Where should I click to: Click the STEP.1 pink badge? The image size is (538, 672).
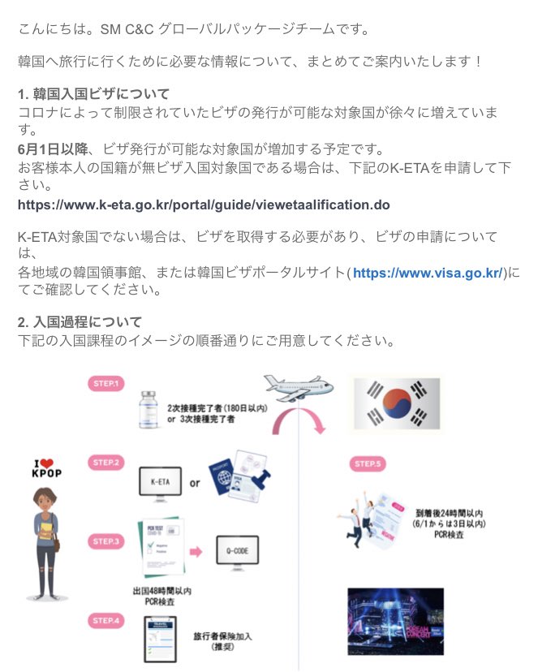[106, 383]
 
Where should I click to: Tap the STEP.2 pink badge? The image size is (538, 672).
[106, 463]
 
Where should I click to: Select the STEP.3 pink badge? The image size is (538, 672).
[106, 541]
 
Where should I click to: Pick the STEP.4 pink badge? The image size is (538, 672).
[106, 621]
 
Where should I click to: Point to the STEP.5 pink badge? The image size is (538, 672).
[369, 464]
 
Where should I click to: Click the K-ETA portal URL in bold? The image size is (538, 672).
[204, 205]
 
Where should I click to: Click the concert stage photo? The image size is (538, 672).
[395, 621]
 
